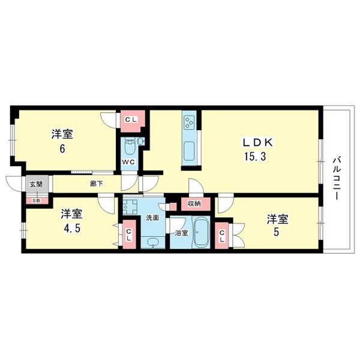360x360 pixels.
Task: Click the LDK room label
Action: tap(257, 143)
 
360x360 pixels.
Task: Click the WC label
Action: tap(128, 162)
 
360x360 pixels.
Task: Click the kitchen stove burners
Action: tap(189, 123)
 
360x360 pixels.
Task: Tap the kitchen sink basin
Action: tap(189, 149)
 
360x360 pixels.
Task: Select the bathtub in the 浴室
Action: tap(201, 233)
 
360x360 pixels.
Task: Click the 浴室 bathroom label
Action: tap(180, 232)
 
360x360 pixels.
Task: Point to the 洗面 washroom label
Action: tap(152, 218)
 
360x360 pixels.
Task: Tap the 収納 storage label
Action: tap(194, 204)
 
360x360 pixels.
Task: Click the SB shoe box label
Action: tap(36, 200)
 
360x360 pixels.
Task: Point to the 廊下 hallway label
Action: tap(96, 184)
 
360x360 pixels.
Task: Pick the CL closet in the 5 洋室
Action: tap(223, 237)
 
